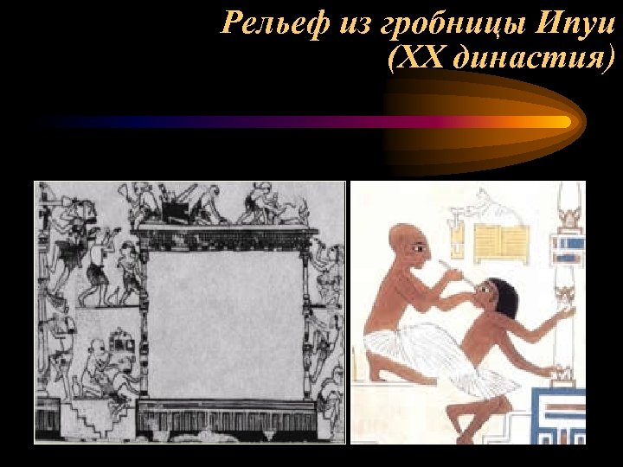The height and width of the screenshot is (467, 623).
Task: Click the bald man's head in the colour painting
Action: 407,244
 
